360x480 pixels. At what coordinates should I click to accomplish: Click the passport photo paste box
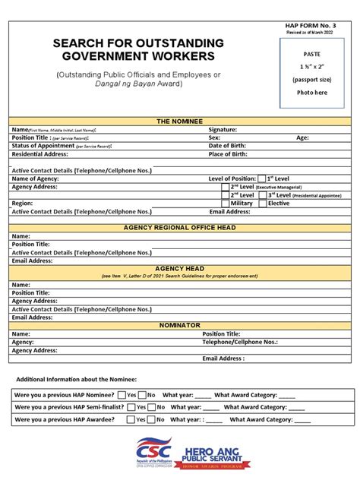click(311, 74)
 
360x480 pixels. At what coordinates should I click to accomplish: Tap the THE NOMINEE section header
click(180, 122)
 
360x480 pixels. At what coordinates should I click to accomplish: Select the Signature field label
click(223, 130)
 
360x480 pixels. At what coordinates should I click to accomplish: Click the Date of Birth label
click(228, 146)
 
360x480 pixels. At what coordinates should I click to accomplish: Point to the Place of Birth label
click(228, 154)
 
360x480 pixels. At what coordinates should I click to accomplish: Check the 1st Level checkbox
click(261, 178)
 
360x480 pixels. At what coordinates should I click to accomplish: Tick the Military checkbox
click(226, 203)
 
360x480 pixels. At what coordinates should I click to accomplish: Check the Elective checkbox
click(263, 203)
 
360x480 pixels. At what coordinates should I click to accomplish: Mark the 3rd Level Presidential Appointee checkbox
click(263, 194)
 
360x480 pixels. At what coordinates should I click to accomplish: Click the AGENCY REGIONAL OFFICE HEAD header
click(180, 228)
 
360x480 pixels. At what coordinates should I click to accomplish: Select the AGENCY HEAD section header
click(180, 269)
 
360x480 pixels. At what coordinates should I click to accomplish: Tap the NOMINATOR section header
click(180, 325)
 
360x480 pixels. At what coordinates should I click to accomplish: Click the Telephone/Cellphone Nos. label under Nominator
click(239, 342)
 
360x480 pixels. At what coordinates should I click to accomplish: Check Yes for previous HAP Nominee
click(122, 395)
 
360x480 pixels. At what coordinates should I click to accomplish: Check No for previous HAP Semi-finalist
click(151, 407)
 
